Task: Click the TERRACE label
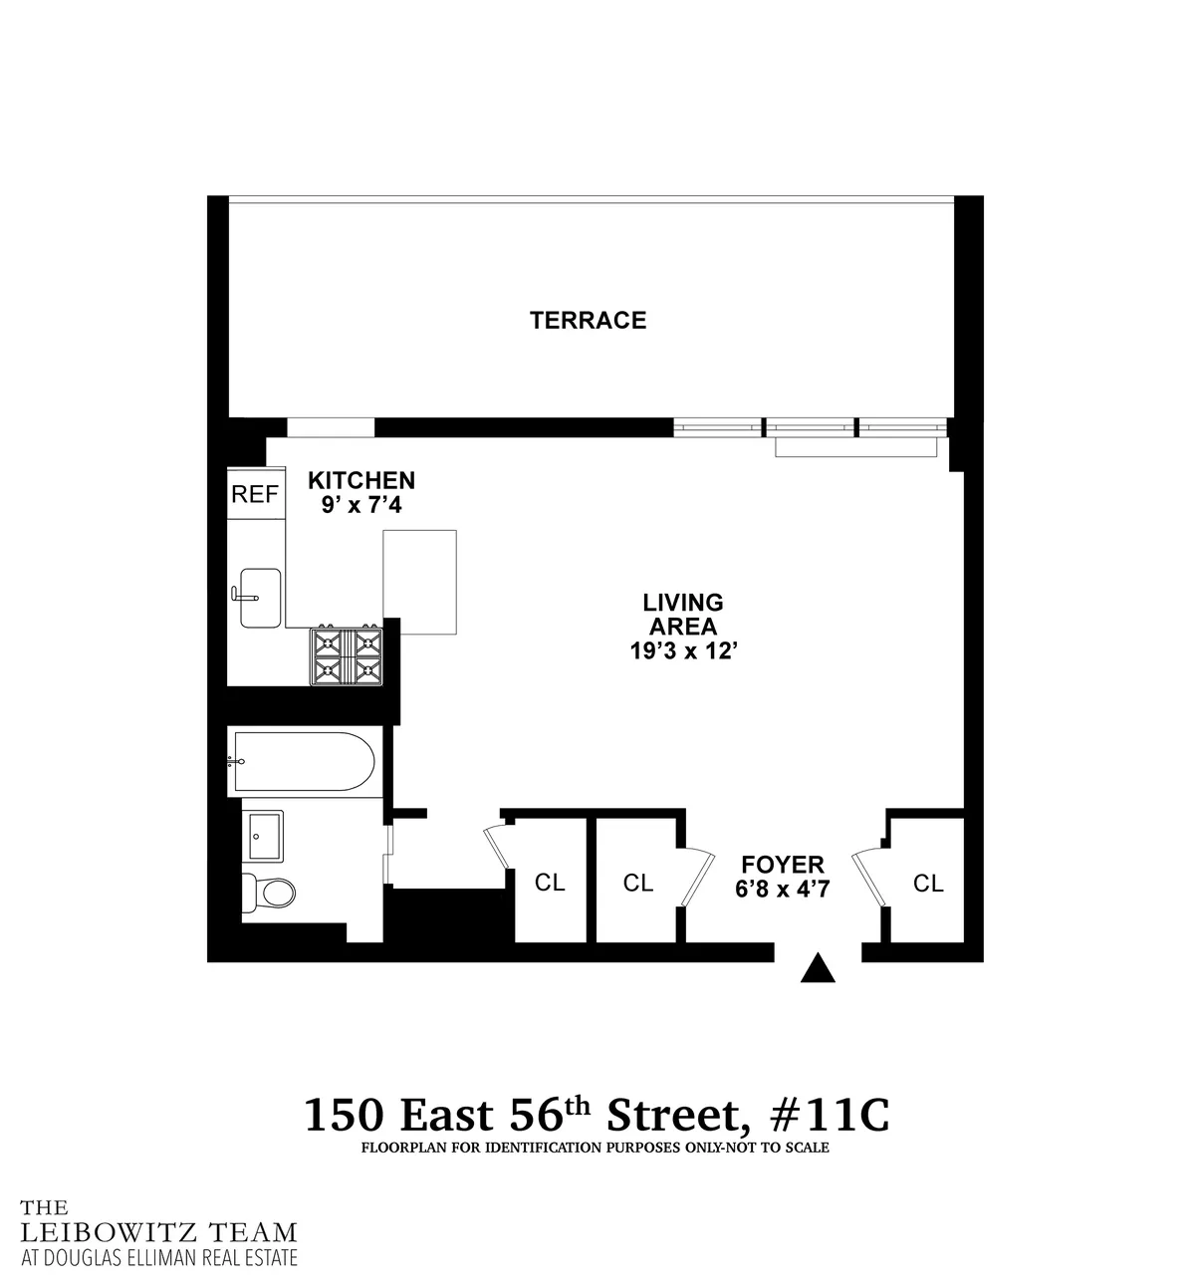point(588,320)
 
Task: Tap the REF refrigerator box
point(255,494)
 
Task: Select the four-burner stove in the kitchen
point(348,655)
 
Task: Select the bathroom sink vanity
point(264,835)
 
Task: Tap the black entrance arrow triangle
point(818,968)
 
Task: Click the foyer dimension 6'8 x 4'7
point(782,890)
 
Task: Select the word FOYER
point(782,865)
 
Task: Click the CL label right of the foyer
point(928,883)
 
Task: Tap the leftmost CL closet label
point(550,883)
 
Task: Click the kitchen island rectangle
point(420,583)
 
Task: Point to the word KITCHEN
point(360,480)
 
